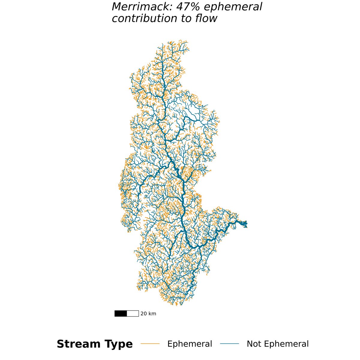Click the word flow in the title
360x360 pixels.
pyautogui.click(x=206, y=18)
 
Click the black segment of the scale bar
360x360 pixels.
pyautogui.click(x=121, y=313)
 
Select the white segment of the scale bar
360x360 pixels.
pyautogui.click(x=133, y=313)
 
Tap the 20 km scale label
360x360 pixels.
pyautogui.click(x=148, y=314)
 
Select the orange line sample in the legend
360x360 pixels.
pyautogui.click(x=150, y=344)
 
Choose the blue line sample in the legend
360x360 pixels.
pyautogui.click(x=229, y=344)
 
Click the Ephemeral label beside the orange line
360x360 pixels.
pyautogui.click(x=190, y=344)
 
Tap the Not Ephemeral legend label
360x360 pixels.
pyautogui.click(x=277, y=344)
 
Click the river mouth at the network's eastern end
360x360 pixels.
pyautogui.click(x=246, y=223)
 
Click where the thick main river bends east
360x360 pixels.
pyautogui.click(x=192, y=247)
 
